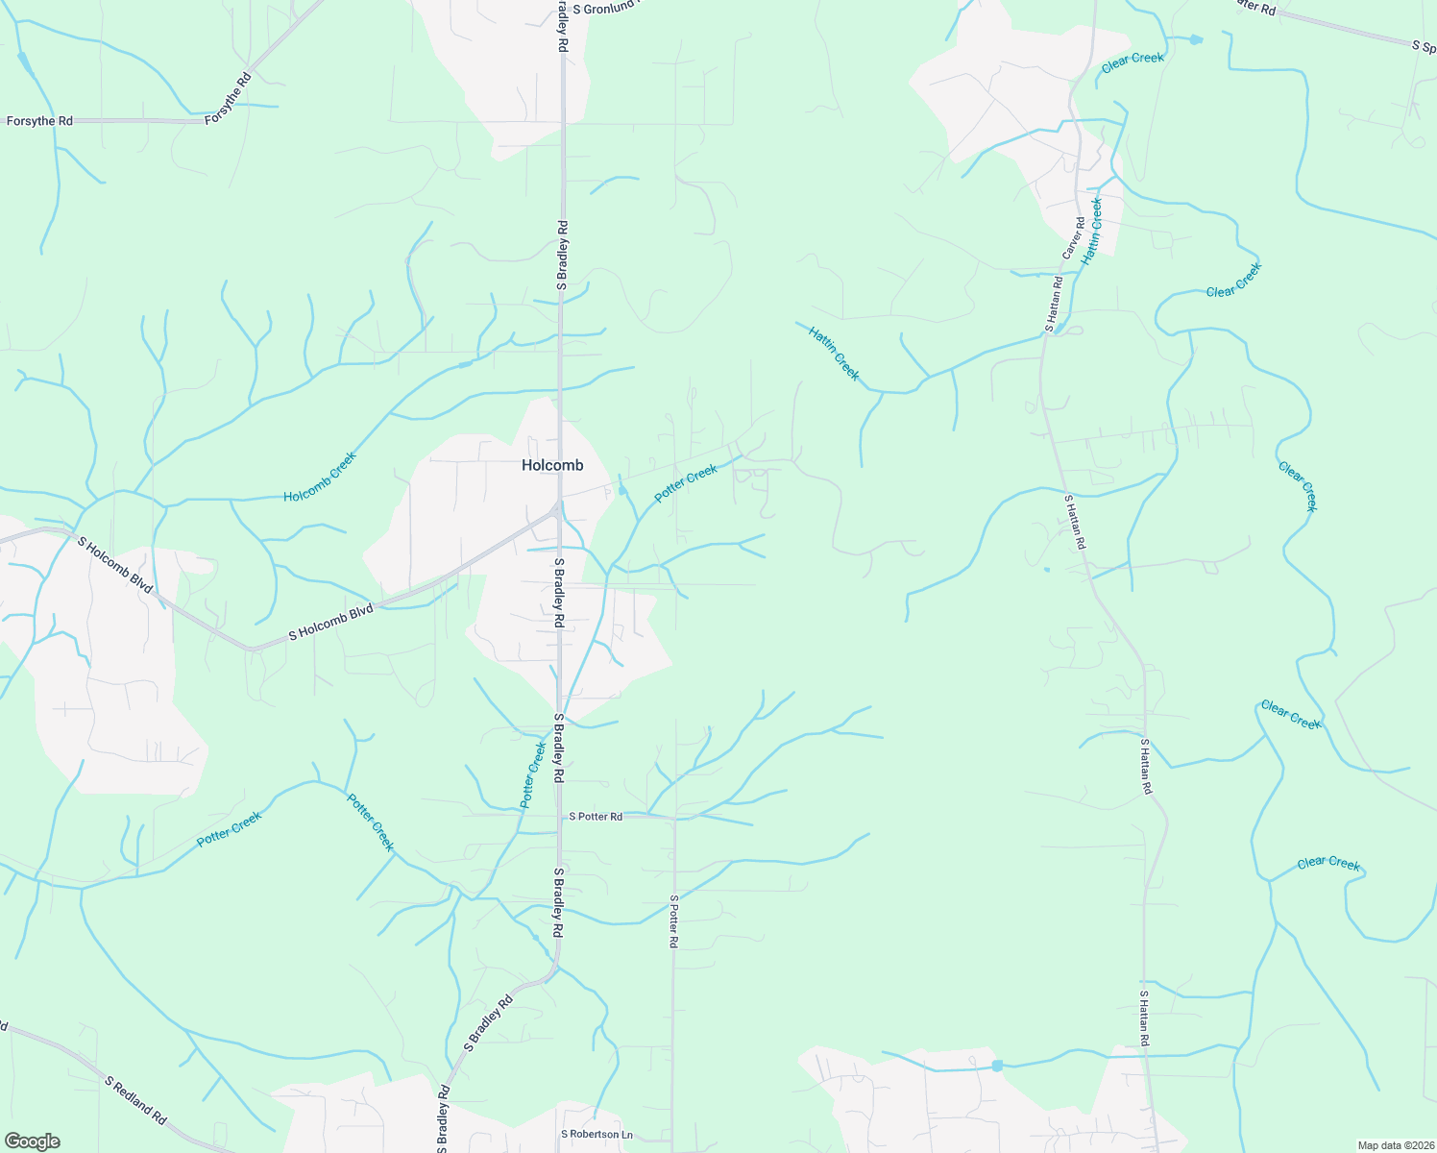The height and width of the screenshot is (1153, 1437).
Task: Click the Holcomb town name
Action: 552,465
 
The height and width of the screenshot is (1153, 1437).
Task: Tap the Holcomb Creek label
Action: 320,477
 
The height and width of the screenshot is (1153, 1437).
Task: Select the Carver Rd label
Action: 1073,237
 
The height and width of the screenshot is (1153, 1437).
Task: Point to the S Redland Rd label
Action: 135,1100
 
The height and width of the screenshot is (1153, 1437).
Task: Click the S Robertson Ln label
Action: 597,1135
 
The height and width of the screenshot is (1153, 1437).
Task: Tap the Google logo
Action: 32,1141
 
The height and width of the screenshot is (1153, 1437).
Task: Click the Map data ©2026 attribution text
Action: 1395,1145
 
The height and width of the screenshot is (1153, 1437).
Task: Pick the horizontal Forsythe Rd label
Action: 39,121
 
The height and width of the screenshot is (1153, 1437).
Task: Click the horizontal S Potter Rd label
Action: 596,817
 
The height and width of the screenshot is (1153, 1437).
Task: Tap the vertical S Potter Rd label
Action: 674,921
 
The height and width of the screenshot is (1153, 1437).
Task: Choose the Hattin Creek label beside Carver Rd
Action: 1091,232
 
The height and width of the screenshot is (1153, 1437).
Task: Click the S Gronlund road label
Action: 605,9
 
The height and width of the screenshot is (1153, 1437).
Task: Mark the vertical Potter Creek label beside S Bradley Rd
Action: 533,774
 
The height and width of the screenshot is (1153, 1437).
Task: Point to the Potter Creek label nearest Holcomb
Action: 686,483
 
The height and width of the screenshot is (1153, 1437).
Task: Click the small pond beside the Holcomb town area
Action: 621,491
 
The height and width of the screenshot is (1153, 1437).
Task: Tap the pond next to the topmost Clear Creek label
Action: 1195,40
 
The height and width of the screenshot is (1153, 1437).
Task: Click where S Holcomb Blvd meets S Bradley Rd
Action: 558,508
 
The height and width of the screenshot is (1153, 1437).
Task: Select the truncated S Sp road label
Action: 1423,45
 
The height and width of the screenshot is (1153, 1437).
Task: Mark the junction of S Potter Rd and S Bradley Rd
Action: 559,817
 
